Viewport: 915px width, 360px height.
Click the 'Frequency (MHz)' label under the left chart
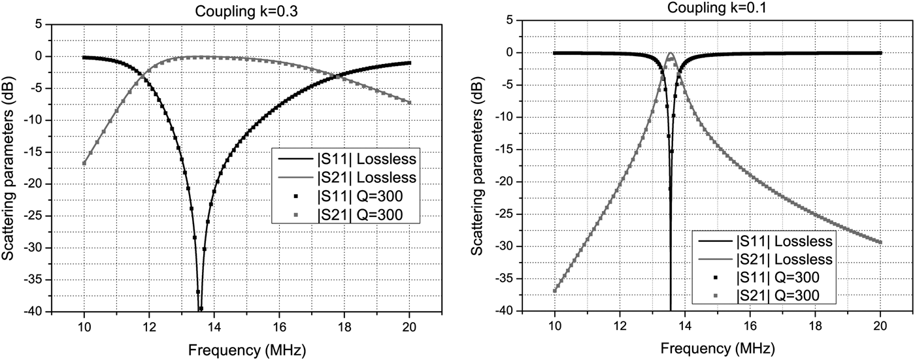246,349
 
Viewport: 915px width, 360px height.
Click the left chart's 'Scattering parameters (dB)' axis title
8,168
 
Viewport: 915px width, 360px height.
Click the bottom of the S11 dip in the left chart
199,309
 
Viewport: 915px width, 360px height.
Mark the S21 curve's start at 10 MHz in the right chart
555,291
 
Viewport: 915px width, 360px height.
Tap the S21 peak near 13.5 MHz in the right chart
670,54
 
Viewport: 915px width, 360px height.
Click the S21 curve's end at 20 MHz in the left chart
409,103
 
